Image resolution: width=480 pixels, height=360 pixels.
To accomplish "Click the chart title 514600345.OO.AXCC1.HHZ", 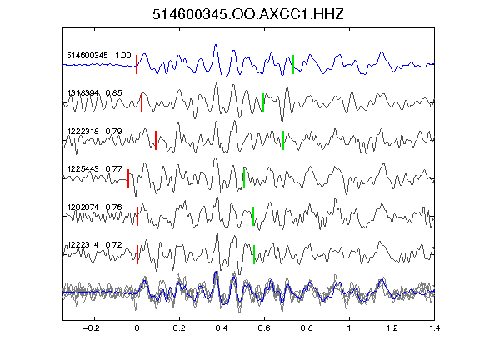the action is tap(248, 14).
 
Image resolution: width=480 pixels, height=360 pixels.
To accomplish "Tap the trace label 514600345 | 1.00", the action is tap(99, 56).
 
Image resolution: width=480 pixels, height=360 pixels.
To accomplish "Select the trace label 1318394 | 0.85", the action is tap(95, 92).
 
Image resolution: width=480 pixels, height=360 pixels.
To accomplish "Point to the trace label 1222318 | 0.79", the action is tap(95, 132).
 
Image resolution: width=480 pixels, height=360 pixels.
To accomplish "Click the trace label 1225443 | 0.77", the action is tap(95, 169).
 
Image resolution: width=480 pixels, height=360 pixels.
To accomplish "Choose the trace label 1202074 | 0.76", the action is tap(95, 207).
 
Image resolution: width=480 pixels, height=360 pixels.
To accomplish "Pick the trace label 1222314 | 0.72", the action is tap(95, 245).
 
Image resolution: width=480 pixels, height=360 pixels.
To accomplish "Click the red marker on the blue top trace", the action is tap(137, 64).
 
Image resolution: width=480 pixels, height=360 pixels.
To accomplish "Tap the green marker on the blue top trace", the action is tap(293, 64).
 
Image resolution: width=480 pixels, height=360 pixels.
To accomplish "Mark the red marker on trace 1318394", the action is tap(142, 102).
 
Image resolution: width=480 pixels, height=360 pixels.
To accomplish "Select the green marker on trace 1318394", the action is tap(263, 102).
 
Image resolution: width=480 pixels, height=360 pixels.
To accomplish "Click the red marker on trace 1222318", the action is tap(156, 141).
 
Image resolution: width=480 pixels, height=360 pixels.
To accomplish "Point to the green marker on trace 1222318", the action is tap(283, 141).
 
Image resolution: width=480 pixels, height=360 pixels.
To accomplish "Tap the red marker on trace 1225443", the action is tap(128, 178).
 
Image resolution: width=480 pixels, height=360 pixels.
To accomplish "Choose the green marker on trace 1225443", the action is tap(244, 178).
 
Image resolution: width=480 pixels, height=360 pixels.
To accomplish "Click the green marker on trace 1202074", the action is tap(253, 217).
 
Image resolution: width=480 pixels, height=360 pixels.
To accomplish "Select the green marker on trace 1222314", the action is tap(254, 254).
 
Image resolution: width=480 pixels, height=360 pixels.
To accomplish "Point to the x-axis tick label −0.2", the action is tap(91, 328).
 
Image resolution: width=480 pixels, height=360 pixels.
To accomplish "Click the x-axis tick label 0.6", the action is tap(264, 328).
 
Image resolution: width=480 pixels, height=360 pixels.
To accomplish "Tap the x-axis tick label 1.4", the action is tap(434, 328).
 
